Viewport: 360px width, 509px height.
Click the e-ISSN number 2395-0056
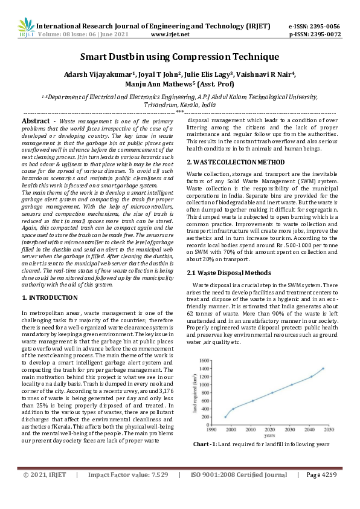point(323,27)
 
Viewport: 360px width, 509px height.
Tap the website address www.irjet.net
point(170,34)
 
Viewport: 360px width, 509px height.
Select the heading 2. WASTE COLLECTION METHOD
point(236,163)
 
